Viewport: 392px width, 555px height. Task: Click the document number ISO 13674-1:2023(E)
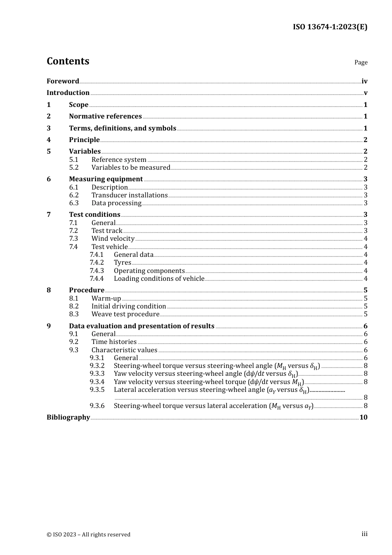pyautogui.click(x=330, y=27)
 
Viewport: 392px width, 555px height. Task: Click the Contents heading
pyautogui.click(x=68, y=61)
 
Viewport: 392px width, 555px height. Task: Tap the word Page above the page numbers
pyautogui.click(x=361, y=62)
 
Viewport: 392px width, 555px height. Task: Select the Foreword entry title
pyautogui.click(x=63, y=81)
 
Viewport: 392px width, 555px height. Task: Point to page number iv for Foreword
pyautogui.click(x=364, y=81)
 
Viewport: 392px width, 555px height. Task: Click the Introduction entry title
pyautogui.click(x=68, y=93)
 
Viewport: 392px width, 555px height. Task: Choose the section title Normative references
pyautogui.click(x=105, y=116)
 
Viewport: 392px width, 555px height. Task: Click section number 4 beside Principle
pyautogui.click(x=49, y=140)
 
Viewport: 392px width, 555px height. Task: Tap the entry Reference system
pyautogui.click(x=119, y=160)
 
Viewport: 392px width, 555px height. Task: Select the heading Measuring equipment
pyautogui.click(x=106, y=179)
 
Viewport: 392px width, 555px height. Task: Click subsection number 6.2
pyautogui.click(x=74, y=195)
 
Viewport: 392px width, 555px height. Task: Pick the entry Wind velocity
pyautogui.click(x=113, y=239)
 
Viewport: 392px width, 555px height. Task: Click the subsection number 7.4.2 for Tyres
pyautogui.click(x=97, y=263)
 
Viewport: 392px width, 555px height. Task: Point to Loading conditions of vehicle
pyautogui.click(x=159, y=279)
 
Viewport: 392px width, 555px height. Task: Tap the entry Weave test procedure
pyautogui.click(x=125, y=314)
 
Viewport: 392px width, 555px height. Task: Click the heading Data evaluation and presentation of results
pyautogui.click(x=142, y=326)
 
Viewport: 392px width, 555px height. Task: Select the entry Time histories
pyautogui.click(x=114, y=342)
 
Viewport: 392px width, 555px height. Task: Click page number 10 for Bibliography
pyautogui.click(x=363, y=417)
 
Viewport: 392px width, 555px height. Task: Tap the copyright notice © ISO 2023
pyautogui.click(x=88, y=535)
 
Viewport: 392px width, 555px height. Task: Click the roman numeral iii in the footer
pyautogui.click(x=364, y=534)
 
